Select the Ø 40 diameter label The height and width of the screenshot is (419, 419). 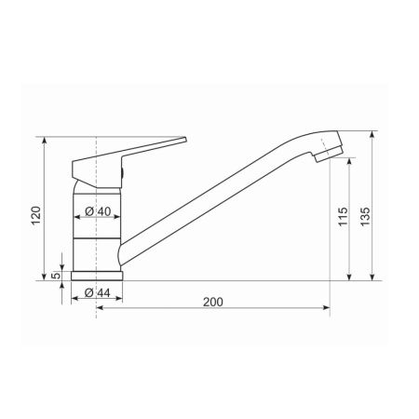pyautogui.click(x=98, y=212)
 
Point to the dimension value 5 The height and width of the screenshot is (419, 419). pyautogui.click(x=56, y=276)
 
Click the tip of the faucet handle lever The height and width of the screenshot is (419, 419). pyautogui.click(x=183, y=140)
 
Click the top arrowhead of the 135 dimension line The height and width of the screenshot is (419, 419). pyautogui.click(x=372, y=135)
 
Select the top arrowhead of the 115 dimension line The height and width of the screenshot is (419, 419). pyautogui.click(x=349, y=161)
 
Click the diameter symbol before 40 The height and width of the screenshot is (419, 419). pyautogui.click(x=88, y=212)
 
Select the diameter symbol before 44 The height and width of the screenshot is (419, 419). pyautogui.click(x=87, y=293)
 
